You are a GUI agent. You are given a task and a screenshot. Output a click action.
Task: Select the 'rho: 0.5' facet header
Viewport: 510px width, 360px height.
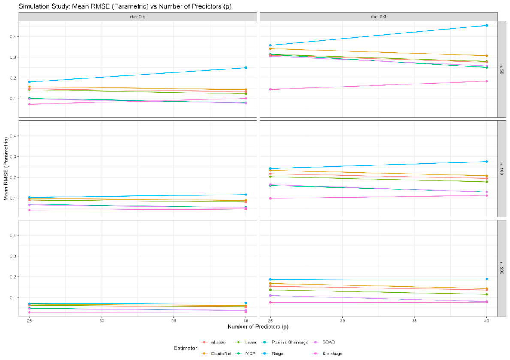(138, 17)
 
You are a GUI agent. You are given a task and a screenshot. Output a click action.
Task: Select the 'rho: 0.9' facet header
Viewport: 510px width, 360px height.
(378, 17)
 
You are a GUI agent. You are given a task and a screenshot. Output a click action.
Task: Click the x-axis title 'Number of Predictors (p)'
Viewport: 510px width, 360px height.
(258, 327)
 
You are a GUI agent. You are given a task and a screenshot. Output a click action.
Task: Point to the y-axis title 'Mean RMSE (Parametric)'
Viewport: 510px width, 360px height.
(6, 169)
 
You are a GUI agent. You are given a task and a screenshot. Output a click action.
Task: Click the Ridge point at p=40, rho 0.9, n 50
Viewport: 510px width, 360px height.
(486, 25)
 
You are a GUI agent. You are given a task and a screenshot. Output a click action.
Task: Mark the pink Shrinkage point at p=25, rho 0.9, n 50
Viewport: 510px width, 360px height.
(270, 89)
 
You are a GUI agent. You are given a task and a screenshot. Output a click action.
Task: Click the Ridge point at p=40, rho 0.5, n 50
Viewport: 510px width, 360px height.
(246, 68)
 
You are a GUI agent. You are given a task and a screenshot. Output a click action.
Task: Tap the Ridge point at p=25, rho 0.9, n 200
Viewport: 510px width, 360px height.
(270, 279)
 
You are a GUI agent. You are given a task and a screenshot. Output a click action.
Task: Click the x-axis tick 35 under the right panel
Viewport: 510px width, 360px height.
(414, 320)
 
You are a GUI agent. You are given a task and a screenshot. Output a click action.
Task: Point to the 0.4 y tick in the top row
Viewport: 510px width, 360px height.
(13, 36)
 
